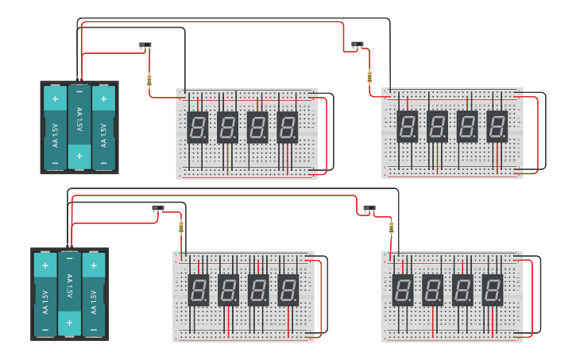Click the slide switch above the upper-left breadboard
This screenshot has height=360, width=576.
point(145,45)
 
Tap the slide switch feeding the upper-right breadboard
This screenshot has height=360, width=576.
point(358,45)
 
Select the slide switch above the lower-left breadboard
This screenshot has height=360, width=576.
point(157,208)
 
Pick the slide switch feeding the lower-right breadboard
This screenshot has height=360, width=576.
point(369,208)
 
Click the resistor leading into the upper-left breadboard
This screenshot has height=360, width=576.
point(149,79)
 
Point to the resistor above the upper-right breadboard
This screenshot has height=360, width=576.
point(369,76)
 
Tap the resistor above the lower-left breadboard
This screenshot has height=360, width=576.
point(181,226)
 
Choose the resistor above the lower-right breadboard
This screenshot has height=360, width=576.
point(391,228)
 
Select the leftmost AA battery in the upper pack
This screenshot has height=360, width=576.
point(56,126)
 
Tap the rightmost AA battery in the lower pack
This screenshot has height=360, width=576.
point(94,293)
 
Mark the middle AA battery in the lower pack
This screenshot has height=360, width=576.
point(70,293)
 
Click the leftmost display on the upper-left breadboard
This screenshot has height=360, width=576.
point(198,126)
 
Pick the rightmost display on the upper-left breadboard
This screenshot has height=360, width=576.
point(288,126)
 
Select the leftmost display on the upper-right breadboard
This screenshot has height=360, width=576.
point(407,126)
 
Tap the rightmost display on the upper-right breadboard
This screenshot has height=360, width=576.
point(497,126)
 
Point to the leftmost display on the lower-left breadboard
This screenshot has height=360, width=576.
point(198,290)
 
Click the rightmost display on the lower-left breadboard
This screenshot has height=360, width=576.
point(288,290)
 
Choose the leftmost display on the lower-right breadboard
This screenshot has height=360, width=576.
point(403,290)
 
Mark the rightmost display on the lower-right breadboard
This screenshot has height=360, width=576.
point(493,290)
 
